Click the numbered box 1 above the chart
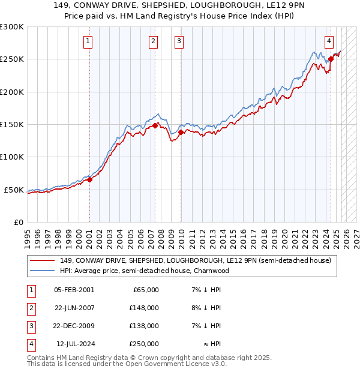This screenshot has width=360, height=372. tap(88, 41)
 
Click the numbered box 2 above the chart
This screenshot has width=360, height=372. tap(154, 41)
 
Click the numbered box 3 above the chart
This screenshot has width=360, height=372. tap(179, 41)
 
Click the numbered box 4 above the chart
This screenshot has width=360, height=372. tap(329, 41)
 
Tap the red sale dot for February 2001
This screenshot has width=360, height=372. tap(89, 179)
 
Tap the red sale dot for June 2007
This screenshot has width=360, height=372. tap(155, 125)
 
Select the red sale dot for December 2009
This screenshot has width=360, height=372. tap(181, 132)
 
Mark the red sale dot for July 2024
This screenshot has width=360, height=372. tap(331, 59)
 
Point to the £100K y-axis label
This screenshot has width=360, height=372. tap(12, 157)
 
